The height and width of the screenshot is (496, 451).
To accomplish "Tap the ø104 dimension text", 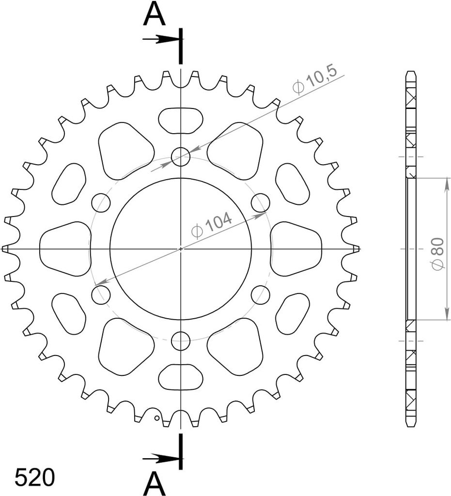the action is pos(212,226).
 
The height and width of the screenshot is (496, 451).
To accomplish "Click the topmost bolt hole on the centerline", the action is pos(181,156).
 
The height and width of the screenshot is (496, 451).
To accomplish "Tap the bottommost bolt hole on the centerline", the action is pos(181,341).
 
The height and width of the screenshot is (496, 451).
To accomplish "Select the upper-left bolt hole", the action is pos(101,202).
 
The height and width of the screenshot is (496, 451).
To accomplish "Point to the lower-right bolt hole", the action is pos(260,294).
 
